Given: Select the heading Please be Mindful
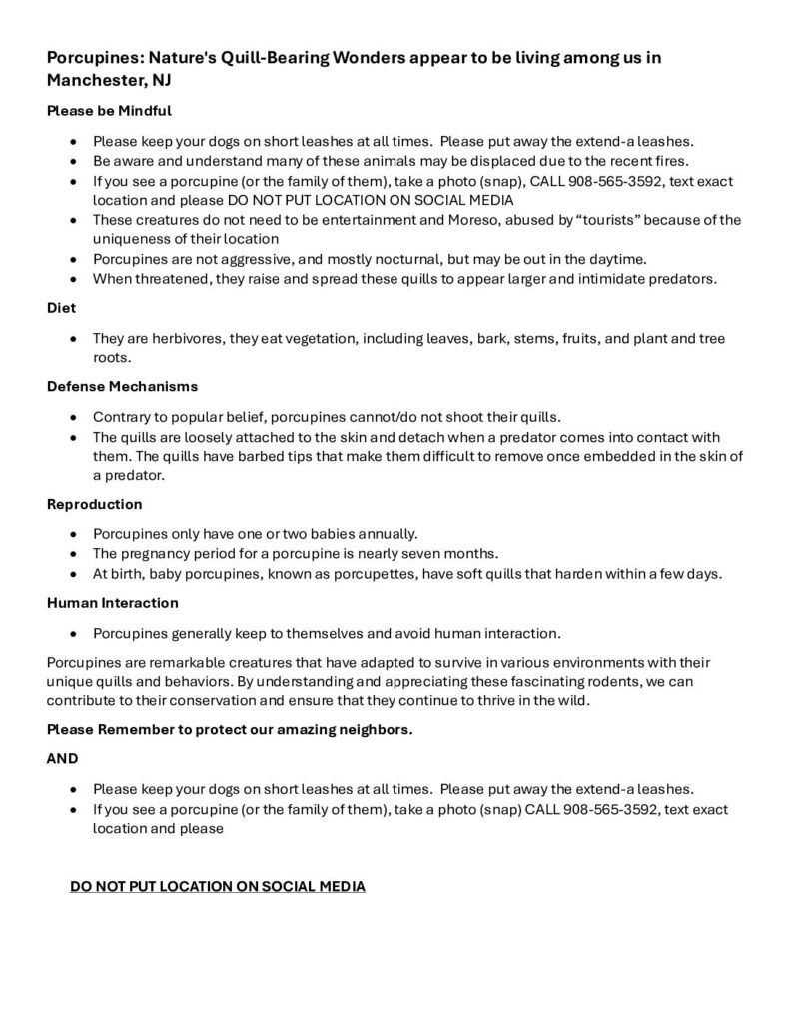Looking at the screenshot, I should [109, 111].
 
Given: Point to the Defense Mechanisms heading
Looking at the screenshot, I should [122, 385].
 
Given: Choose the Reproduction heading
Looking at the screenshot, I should [95, 504].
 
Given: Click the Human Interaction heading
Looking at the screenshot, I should [112, 603].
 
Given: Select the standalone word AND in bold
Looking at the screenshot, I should [63, 758].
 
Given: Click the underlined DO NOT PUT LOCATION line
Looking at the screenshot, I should [218, 886].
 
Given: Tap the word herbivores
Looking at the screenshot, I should [187, 339].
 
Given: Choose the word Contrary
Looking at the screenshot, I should [124, 416].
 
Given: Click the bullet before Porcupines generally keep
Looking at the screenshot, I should [75, 633].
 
